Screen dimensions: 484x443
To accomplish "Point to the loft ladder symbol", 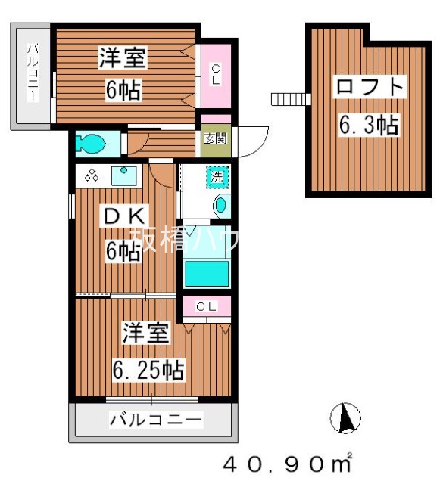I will click(x=289, y=99).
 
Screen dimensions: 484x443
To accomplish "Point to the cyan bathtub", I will click(x=207, y=271).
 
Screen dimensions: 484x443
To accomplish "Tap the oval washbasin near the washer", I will click(x=220, y=204).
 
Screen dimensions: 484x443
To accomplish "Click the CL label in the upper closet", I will click(x=215, y=73).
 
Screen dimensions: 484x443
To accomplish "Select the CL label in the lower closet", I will click(x=206, y=306).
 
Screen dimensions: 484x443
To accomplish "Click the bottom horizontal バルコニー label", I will click(x=154, y=418).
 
